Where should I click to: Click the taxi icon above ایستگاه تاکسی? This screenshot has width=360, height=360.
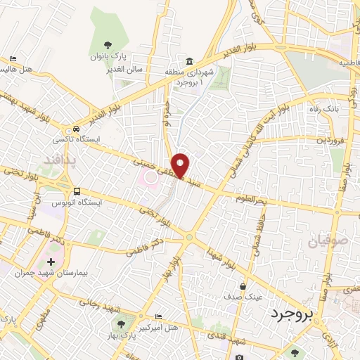coord(75,129)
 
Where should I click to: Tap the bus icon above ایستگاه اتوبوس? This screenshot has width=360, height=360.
coord(77,191)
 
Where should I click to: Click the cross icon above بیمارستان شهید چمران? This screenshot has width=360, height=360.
coord(51,261)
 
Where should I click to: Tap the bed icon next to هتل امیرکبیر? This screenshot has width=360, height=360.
coord(158,317)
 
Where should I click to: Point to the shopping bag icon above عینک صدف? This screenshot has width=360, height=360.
coord(243,286)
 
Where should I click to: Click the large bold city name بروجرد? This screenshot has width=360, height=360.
coord(290,316)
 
